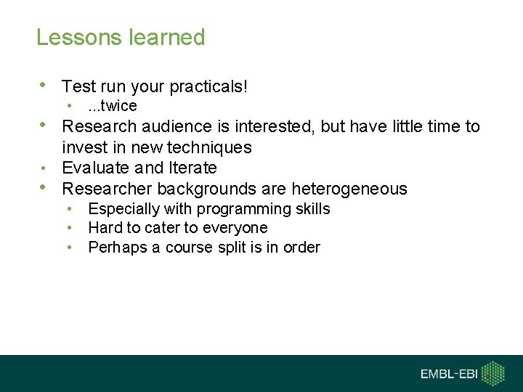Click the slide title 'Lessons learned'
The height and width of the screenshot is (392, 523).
(x=121, y=38)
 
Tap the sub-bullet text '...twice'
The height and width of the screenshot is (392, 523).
(x=113, y=107)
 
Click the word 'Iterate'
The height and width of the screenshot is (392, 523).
(x=192, y=168)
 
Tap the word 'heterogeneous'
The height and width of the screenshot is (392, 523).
(x=349, y=189)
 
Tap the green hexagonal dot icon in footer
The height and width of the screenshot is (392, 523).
(x=495, y=373)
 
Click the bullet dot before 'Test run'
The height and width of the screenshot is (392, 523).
(x=44, y=85)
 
